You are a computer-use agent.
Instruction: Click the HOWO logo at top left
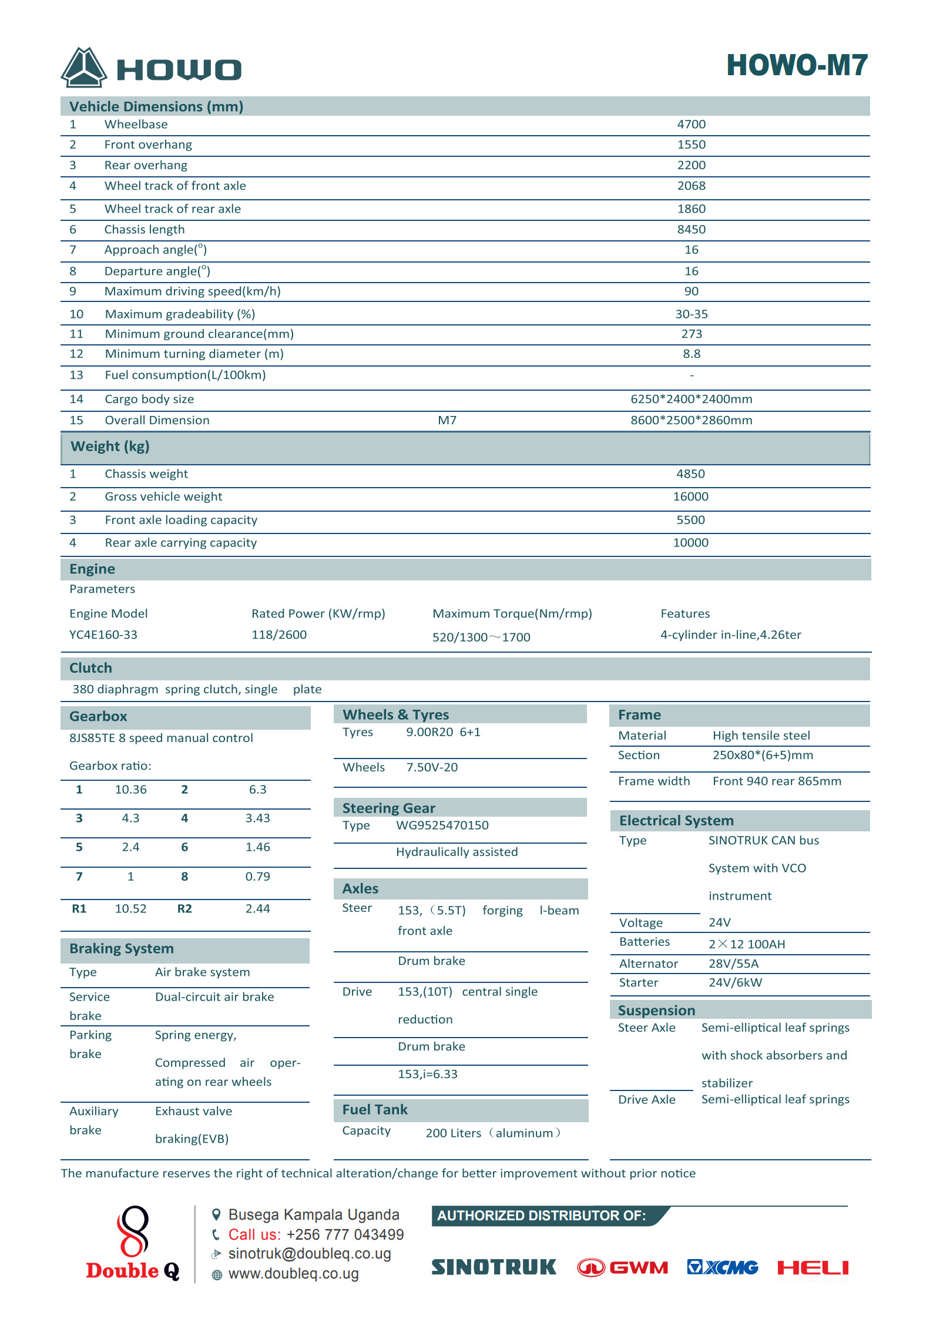[151, 68]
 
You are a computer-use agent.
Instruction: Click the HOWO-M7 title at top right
[797, 65]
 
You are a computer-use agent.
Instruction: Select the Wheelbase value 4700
[691, 125]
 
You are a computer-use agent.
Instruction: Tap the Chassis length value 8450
[691, 230]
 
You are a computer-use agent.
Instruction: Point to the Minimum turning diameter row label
[194, 354]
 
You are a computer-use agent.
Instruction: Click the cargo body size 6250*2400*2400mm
[691, 400]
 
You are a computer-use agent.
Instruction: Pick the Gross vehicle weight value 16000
[690, 497]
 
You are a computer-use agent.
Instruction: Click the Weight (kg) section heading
[110, 447]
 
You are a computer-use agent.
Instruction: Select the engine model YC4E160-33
[103, 635]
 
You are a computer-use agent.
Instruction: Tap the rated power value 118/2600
[279, 635]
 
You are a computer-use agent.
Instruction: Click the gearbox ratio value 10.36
[130, 790]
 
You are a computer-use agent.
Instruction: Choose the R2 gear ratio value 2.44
[257, 909]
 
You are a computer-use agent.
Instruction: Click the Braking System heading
[122, 949]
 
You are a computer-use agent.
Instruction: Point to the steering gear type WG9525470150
[442, 825]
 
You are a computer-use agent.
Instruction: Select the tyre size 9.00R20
[429, 732]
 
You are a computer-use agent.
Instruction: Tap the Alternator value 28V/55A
[733, 964]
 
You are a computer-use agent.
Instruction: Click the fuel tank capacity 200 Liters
[453, 1133]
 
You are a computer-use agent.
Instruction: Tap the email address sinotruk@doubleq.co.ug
[310, 1254]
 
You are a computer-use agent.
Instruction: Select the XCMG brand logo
[722, 1267]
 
